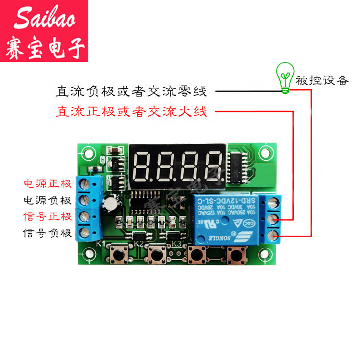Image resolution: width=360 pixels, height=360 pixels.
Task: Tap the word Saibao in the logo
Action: [x=45, y=19]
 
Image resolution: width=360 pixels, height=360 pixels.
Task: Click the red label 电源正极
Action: [x=48, y=184]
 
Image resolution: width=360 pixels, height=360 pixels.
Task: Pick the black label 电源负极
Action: [x=48, y=200]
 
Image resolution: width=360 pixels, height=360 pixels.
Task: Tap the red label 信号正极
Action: [x=48, y=217]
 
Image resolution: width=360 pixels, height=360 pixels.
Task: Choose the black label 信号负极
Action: [x=48, y=234]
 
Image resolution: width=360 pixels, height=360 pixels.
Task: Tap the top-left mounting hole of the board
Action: [x=88, y=154]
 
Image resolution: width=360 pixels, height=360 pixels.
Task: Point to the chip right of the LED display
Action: [x=237, y=168]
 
